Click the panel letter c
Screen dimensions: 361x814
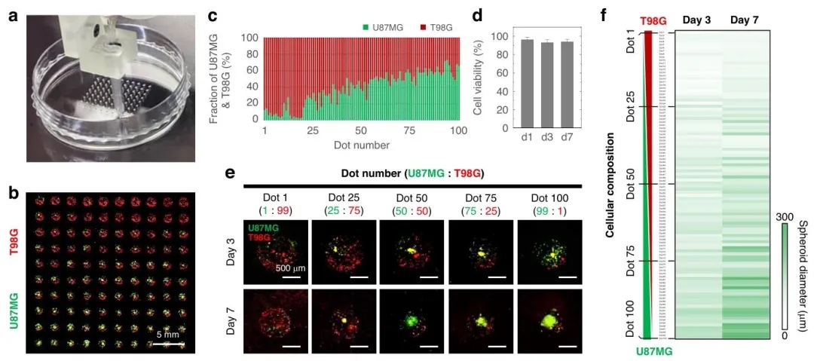click(213, 14)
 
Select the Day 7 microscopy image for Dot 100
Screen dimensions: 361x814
click(548, 320)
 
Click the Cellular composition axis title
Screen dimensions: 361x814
click(613, 184)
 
